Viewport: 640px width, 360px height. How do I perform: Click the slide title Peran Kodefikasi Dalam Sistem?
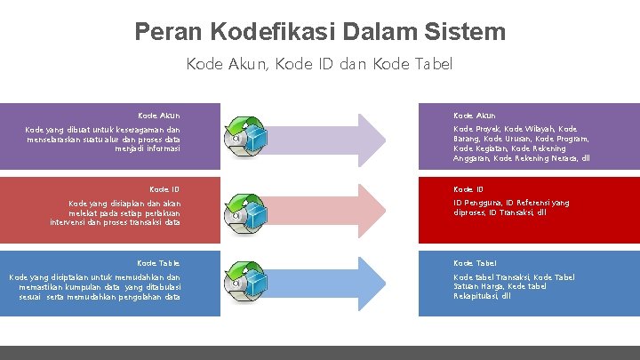coord(320,33)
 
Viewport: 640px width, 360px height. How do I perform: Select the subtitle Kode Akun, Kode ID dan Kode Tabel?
coord(320,64)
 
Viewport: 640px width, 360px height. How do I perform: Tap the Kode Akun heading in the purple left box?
coord(159,116)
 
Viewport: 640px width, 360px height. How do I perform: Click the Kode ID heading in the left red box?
coord(164,189)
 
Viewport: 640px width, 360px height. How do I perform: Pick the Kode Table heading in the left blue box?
coord(158,263)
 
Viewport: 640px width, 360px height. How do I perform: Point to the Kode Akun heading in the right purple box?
coord(475,116)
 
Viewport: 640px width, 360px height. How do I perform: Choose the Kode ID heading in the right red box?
coord(468,189)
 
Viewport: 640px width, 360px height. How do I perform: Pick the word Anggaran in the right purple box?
coord(471,158)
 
